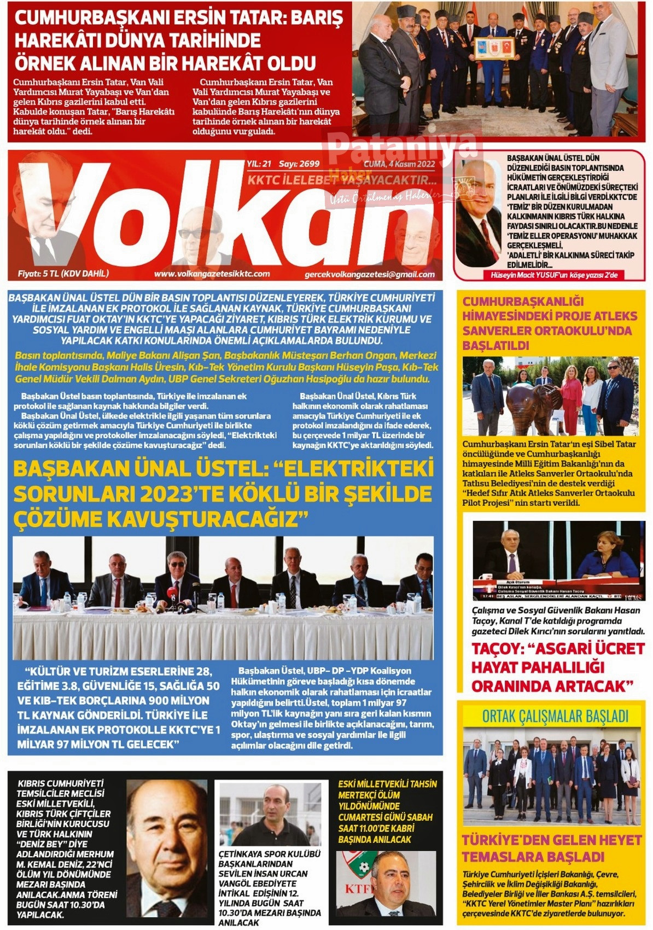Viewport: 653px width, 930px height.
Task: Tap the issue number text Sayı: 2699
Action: pyautogui.click(x=299, y=164)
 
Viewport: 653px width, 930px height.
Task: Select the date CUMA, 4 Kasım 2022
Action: pyautogui.click(x=399, y=164)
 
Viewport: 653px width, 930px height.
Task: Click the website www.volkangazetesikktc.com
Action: pyautogui.click(x=212, y=274)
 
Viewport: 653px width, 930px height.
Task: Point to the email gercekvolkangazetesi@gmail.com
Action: pyautogui.click(x=370, y=275)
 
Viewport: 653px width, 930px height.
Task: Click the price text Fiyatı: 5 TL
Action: pyautogui.click(x=63, y=274)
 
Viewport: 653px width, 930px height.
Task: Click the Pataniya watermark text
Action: pyautogui.click(x=402, y=147)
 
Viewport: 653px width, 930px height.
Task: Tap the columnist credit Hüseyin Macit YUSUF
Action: pyautogui.click(x=554, y=275)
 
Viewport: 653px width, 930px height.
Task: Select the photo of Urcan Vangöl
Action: pyautogui.click(x=270, y=814)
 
